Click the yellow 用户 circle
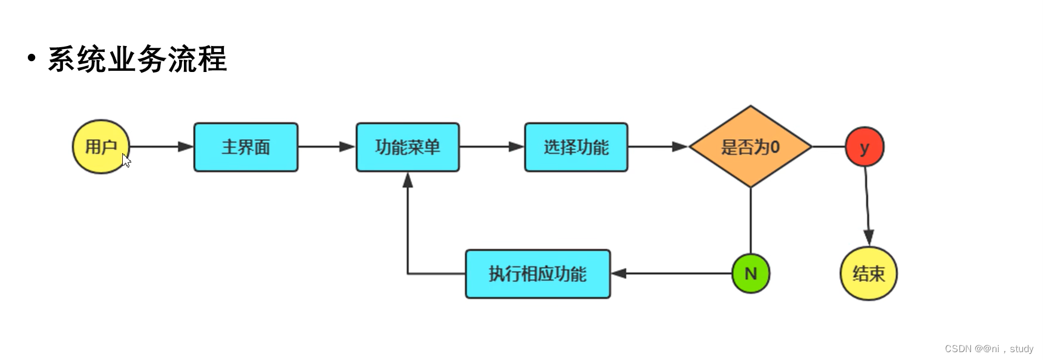(x=100, y=147)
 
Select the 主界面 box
(x=246, y=147)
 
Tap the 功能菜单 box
(x=407, y=147)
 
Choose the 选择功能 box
(x=576, y=147)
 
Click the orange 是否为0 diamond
(x=750, y=147)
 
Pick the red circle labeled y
(x=865, y=146)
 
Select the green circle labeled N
(x=751, y=273)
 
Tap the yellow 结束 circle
(x=868, y=273)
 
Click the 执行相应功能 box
(x=538, y=273)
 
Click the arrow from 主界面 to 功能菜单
(x=326, y=146)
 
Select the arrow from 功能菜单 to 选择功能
(x=491, y=146)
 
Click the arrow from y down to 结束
(x=867, y=206)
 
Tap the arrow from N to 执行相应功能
(x=672, y=273)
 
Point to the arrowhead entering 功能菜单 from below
(x=408, y=180)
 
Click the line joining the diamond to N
(x=751, y=221)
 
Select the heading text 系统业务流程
(x=137, y=59)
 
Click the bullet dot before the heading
(x=31, y=58)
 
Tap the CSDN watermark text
(x=989, y=349)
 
